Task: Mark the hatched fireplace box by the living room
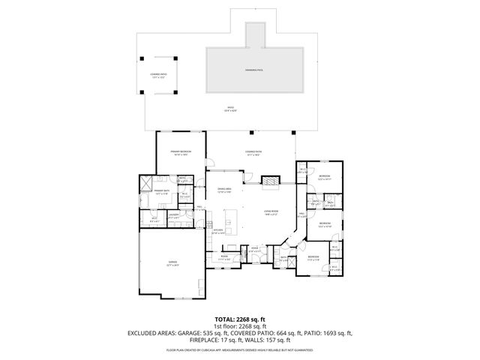[269, 181]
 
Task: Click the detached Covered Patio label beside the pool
[158, 75]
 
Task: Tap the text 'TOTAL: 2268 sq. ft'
[240, 319]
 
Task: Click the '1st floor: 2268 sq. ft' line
[240, 325]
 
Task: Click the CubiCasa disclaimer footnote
[240, 349]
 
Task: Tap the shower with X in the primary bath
[146, 182]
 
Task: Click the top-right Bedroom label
[324, 178]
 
